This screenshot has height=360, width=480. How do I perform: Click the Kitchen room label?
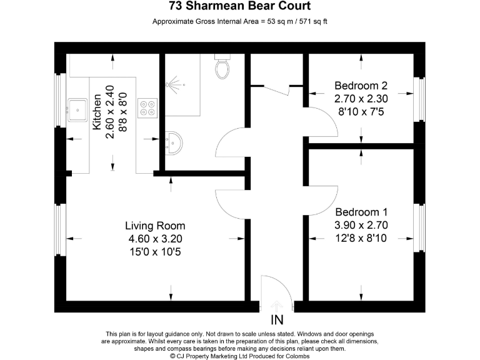click(x=97, y=112)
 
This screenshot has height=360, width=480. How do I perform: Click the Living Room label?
click(x=155, y=226)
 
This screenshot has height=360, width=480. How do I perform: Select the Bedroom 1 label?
click(x=361, y=212)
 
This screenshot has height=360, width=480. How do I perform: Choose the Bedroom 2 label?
click(x=361, y=86)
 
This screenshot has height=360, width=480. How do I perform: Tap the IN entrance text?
click(x=277, y=321)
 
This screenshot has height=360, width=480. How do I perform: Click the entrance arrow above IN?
click(x=277, y=306)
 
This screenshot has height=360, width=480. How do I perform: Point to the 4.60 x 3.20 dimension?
click(x=155, y=239)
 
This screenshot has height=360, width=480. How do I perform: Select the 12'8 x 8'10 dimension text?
click(x=361, y=238)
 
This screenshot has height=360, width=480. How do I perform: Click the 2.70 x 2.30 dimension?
click(x=361, y=99)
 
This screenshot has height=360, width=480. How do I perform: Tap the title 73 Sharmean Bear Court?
click(x=240, y=7)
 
